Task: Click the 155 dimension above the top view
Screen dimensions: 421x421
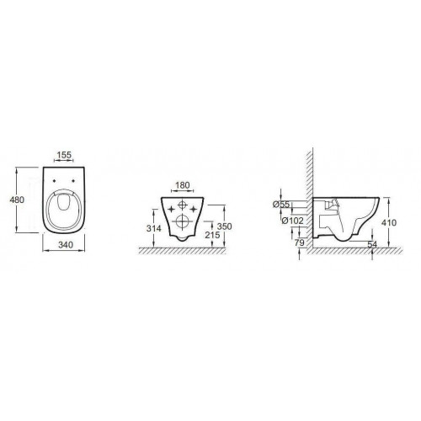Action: pos(64,155)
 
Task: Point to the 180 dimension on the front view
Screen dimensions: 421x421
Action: pos(182,185)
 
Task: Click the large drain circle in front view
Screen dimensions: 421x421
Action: pos(182,221)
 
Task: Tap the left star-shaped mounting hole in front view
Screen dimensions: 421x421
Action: pos(169,207)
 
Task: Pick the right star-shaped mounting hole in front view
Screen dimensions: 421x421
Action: pos(195,207)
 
